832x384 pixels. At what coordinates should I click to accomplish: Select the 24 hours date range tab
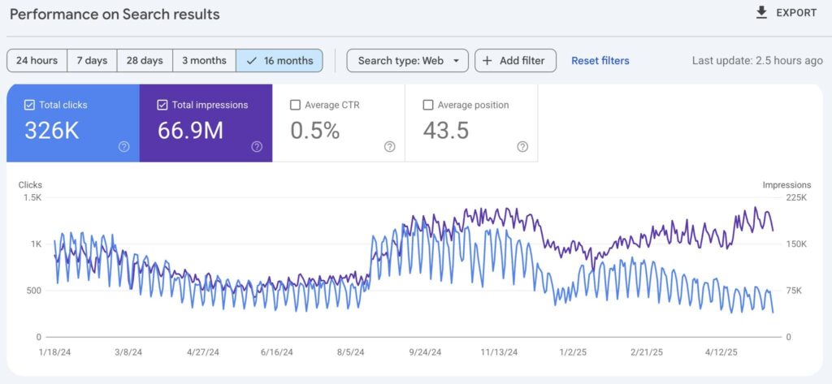[37, 61]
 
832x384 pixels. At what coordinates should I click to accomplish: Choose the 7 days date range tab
[92, 61]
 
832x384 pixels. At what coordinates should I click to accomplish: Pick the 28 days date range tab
[145, 61]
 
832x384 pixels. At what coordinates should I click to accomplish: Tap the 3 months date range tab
[203, 61]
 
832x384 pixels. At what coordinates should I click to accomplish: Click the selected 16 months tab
[279, 61]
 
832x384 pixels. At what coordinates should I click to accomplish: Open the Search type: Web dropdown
[407, 61]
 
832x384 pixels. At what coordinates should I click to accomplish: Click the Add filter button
[515, 61]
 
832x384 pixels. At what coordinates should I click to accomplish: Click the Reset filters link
[600, 61]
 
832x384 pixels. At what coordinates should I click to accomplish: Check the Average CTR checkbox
[296, 105]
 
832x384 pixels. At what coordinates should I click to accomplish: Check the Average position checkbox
[428, 105]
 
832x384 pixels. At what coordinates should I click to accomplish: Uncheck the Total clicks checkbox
[30, 105]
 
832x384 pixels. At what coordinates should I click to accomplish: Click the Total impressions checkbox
[162, 105]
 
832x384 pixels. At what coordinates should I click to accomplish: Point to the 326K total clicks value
[51, 131]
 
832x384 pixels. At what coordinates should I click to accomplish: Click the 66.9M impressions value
[190, 131]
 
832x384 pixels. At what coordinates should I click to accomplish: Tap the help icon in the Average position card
[522, 147]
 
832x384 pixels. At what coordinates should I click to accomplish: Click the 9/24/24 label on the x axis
[424, 353]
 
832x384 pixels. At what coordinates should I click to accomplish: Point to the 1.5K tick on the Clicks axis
[32, 197]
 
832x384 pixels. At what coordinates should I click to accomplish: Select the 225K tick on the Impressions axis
[796, 197]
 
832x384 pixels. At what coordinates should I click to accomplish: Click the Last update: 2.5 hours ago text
[756, 61]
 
